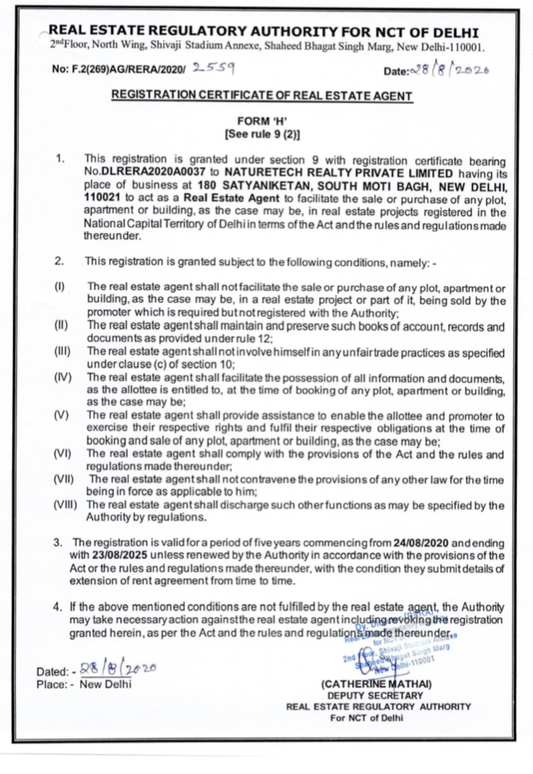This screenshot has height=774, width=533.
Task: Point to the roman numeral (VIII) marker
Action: point(68,505)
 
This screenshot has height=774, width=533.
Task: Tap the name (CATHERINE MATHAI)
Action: point(376,683)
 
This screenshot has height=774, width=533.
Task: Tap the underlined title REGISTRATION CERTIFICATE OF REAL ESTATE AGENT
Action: point(262,96)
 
